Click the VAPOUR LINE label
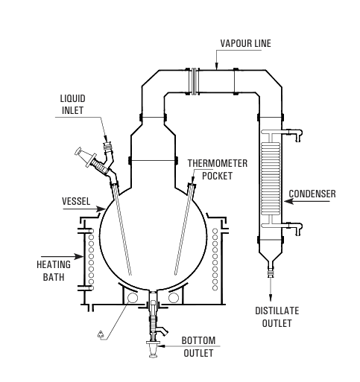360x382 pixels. pyautogui.click(x=245, y=43)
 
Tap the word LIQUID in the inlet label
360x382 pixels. pyautogui.click(x=73, y=98)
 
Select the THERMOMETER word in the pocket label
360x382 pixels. pyautogui.click(x=218, y=163)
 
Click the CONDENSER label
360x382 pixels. pyautogui.click(x=312, y=194)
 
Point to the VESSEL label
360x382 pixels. pyautogui.click(x=76, y=201)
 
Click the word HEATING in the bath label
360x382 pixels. pyautogui.click(x=54, y=264)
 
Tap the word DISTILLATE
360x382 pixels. pyautogui.click(x=277, y=311)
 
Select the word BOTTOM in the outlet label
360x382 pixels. pyautogui.click(x=198, y=340)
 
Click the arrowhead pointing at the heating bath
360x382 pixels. pyautogui.click(x=79, y=256)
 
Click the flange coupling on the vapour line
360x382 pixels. pyautogui.click(x=195, y=81)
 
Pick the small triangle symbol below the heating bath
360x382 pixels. pyautogui.click(x=101, y=334)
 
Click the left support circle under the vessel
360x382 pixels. pyautogui.click(x=132, y=298)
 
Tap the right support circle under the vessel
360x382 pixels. pyautogui.click(x=174, y=298)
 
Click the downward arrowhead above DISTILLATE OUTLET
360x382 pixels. pyautogui.click(x=271, y=297)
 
